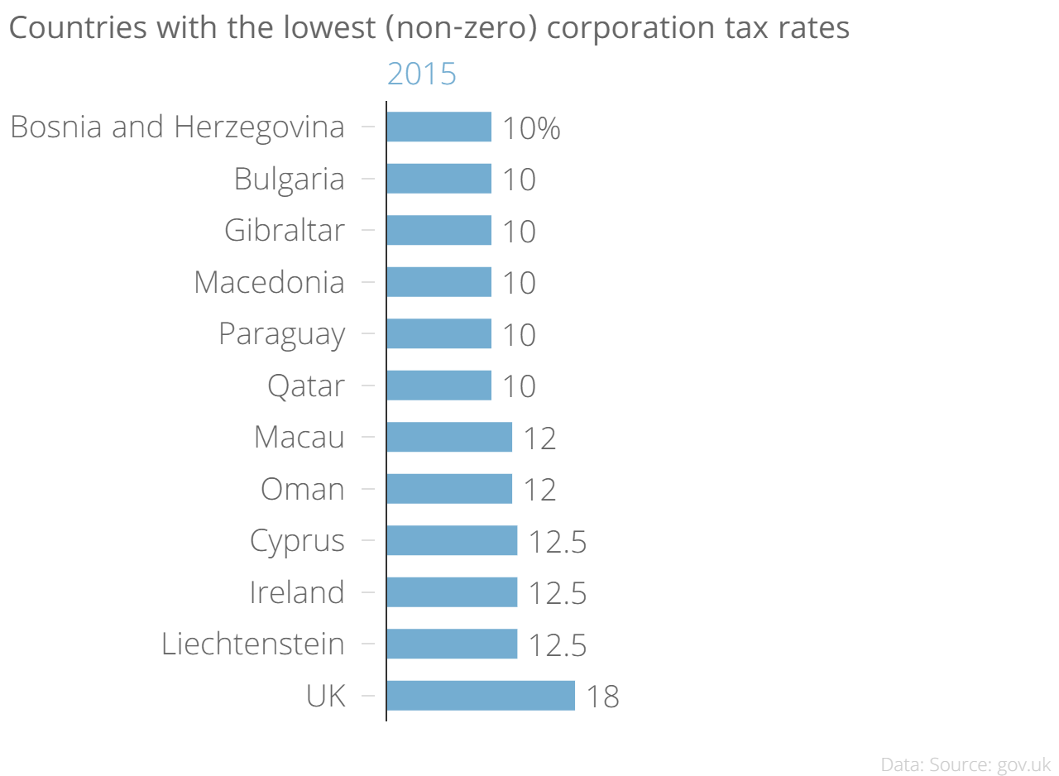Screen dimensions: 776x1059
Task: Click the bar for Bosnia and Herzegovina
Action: click(x=438, y=127)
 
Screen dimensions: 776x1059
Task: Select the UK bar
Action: click(x=480, y=696)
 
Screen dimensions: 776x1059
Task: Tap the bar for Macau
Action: click(x=448, y=437)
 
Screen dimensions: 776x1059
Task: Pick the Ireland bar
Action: click(x=451, y=592)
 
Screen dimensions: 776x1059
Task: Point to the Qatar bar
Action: click(x=438, y=386)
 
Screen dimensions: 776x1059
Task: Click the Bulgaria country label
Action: click(x=289, y=180)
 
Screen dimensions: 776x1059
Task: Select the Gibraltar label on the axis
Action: click(x=284, y=231)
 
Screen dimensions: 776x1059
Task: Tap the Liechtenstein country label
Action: click(x=252, y=644)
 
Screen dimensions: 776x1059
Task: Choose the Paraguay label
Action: click(x=281, y=334)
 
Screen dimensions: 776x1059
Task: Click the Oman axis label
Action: click(x=302, y=489)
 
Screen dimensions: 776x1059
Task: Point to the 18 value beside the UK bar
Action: click(x=602, y=697)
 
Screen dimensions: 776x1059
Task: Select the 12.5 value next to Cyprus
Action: click(x=558, y=542)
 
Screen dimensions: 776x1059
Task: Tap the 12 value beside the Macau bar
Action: click(x=539, y=438)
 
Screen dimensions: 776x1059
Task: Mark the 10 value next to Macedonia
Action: click(x=519, y=284)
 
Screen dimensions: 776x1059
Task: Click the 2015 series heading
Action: click(x=422, y=74)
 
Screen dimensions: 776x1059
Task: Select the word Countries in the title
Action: click(x=69, y=28)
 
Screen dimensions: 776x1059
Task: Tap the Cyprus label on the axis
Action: click(x=297, y=541)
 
